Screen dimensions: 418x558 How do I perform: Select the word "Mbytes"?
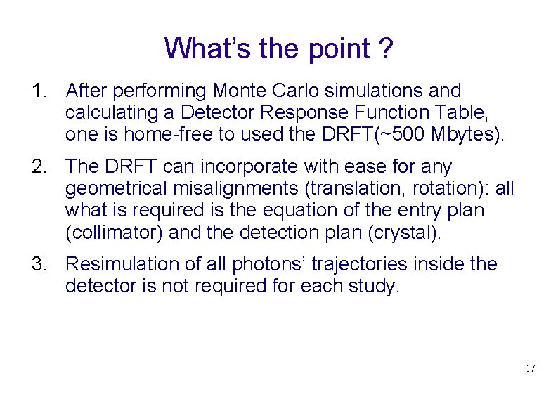[x=463, y=134]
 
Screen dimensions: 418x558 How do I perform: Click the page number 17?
[x=530, y=368]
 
